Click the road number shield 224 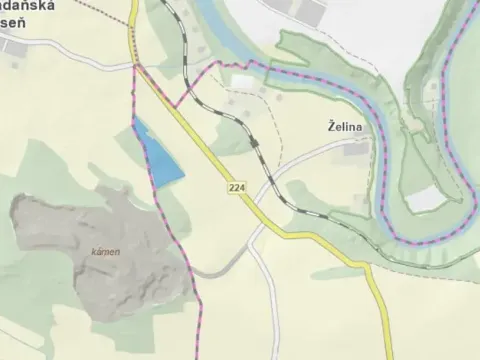(x=236, y=188)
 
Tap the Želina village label (x=345, y=127)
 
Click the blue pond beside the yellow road (x=161, y=159)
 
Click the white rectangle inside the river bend (x=424, y=199)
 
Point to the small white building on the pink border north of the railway (x=243, y=81)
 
